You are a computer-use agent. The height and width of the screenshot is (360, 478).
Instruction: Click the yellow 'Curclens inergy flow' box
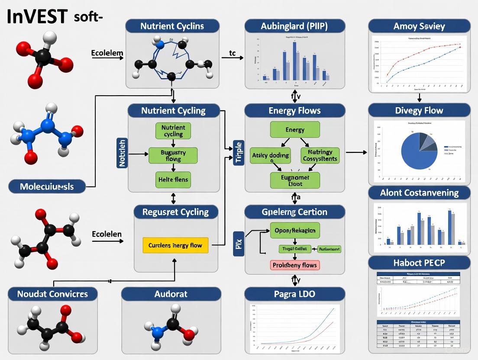175,245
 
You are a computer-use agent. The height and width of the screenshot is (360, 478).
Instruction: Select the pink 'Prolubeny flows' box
295,265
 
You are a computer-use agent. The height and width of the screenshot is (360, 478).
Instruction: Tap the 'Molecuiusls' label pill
47,187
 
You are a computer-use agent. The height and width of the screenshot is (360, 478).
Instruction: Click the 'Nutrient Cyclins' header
172,26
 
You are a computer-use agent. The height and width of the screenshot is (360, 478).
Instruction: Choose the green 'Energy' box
295,130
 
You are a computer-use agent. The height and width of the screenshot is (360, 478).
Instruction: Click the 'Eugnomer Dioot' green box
295,180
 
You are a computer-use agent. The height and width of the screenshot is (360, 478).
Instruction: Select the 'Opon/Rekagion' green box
295,231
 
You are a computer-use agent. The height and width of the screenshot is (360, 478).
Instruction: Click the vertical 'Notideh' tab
121,153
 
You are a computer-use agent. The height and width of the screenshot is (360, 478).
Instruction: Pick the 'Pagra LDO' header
295,294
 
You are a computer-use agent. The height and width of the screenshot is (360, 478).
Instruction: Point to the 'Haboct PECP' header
419,263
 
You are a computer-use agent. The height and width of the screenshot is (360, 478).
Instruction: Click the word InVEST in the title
38,16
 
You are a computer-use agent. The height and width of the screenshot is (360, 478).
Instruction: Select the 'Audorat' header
171,294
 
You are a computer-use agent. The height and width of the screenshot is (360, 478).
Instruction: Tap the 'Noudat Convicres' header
52,294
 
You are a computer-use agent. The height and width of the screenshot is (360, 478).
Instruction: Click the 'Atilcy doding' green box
270,155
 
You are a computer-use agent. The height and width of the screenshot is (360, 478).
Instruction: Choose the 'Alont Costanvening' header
419,193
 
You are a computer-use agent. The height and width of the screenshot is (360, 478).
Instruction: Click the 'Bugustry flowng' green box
173,155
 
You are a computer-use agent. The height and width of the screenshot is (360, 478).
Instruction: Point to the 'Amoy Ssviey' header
419,26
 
